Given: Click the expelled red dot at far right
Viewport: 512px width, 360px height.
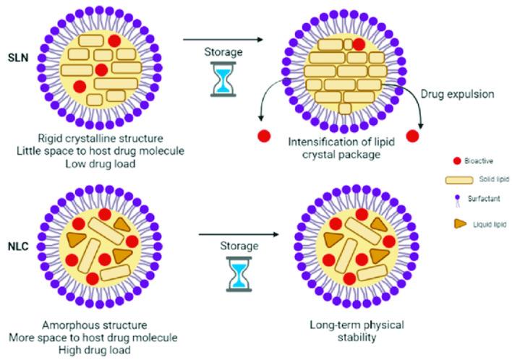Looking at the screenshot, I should pos(414,136).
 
